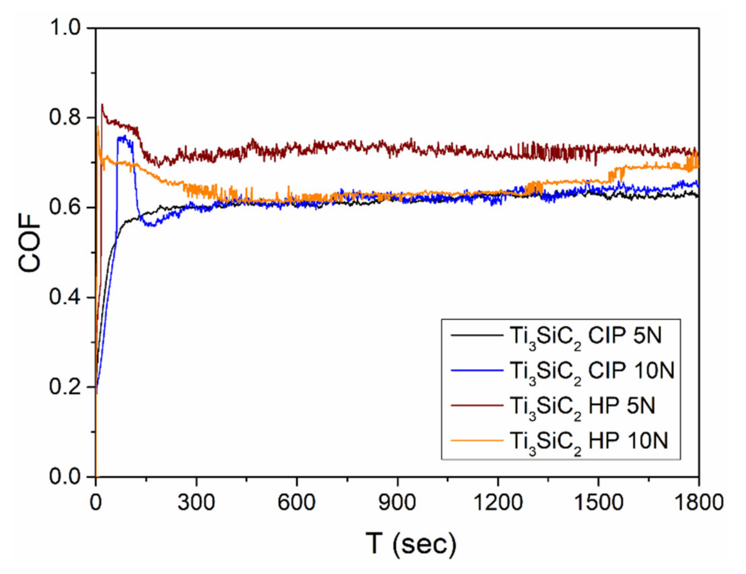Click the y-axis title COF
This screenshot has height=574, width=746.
point(29,243)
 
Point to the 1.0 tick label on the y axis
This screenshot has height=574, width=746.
point(66,28)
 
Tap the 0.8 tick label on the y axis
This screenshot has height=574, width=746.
point(66,118)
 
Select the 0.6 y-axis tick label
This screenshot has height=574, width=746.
point(66,208)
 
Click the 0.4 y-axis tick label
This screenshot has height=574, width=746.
point(66,297)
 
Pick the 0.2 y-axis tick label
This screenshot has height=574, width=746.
point(66,387)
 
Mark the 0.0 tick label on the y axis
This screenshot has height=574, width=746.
point(66,476)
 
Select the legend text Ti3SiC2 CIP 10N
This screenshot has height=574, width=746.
point(592,373)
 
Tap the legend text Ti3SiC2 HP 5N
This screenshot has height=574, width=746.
point(582,408)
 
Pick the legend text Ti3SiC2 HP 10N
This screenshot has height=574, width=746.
point(588,443)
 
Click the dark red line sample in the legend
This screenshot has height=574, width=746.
point(477,406)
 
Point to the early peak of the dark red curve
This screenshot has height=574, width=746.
point(102,104)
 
